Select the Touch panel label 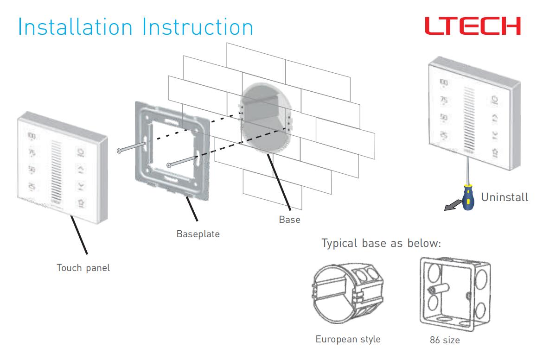83,268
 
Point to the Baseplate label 198,234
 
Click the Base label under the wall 289,220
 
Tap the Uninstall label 505,198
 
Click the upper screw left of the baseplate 132,148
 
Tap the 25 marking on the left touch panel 32,186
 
